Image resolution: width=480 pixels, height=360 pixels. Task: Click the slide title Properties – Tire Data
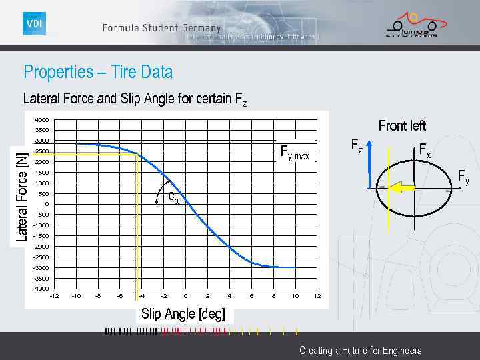98,71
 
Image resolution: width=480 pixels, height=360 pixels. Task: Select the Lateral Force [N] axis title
22,195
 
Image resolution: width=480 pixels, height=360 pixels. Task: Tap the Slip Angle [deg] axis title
183,314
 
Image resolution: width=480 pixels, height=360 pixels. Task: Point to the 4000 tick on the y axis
41,120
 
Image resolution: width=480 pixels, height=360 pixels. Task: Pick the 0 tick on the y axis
47,204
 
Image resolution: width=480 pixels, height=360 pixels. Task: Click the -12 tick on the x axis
54,296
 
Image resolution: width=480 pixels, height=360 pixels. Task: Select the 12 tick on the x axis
317,296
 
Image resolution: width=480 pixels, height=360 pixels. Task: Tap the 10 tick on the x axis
295,296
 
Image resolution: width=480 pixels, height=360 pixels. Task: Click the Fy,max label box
295,155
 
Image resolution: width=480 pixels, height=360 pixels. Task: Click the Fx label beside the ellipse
425,151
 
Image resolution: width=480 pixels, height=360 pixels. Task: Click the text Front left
402,125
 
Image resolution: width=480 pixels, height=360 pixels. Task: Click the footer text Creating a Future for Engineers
360,350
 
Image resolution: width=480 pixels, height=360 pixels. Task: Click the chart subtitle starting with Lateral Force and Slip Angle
135,100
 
